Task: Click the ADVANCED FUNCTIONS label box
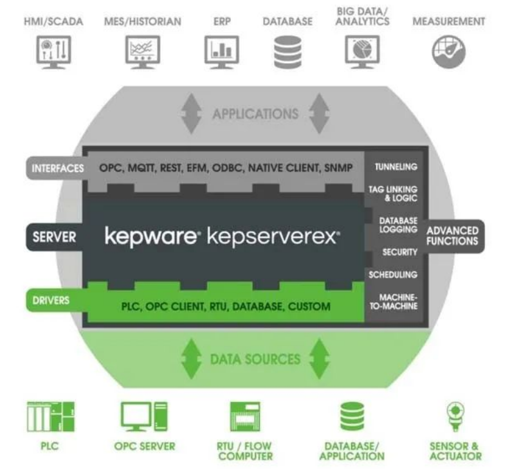coord(452,236)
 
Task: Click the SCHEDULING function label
coord(392,275)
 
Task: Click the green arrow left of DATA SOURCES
coord(190,359)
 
